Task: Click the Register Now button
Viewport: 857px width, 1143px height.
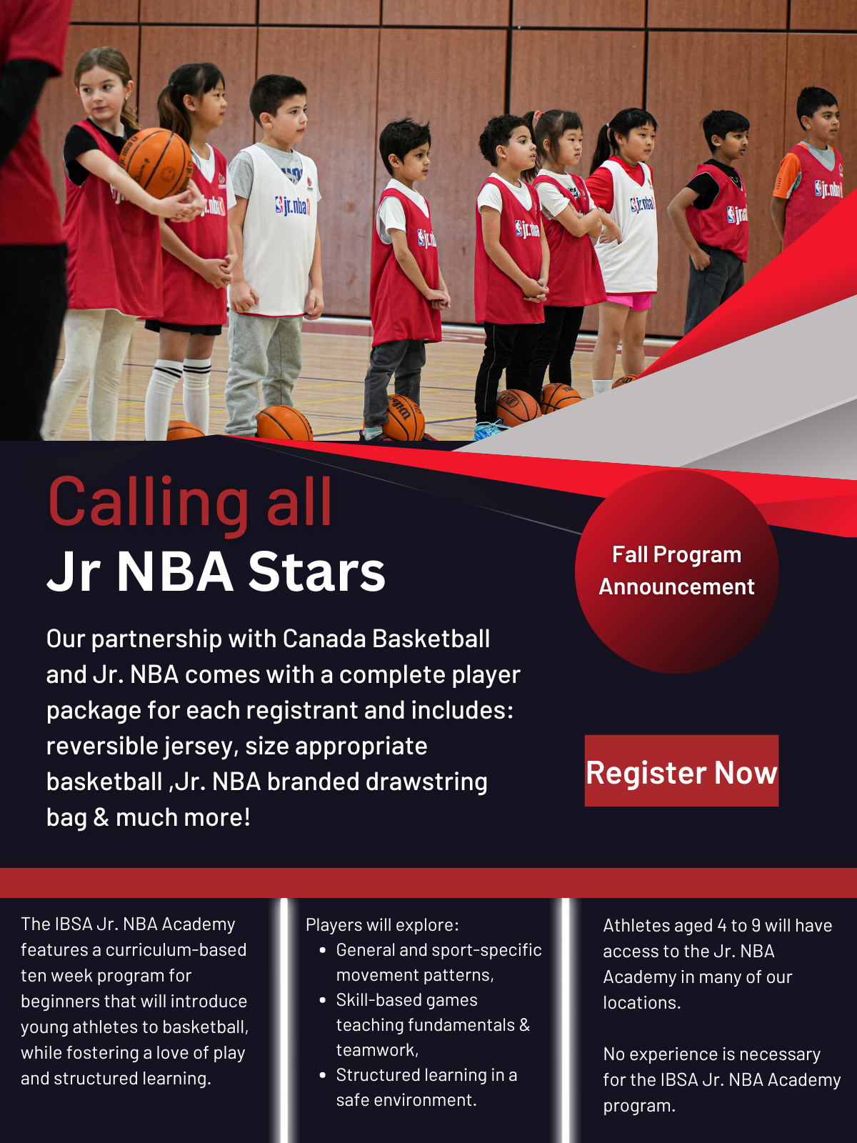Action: pos(681,771)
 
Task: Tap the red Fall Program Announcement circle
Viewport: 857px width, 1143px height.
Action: pos(676,571)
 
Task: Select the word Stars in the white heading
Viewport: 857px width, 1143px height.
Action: pos(316,571)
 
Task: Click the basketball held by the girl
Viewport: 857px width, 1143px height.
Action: pos(156,162)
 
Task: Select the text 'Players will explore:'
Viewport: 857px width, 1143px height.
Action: pos(382,925)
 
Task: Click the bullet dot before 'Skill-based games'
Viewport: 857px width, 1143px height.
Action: pos(323,1000)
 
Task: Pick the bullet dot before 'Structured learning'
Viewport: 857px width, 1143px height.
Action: pos(323,1075)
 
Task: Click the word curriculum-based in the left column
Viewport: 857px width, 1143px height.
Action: pos(176,950)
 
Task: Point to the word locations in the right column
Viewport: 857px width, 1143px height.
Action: pos(641,1002)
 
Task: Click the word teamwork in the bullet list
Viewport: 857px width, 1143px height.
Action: pos(377,1050)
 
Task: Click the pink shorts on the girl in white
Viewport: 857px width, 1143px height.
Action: pos(629,300)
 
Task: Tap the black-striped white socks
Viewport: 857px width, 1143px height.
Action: pos(179,396)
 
